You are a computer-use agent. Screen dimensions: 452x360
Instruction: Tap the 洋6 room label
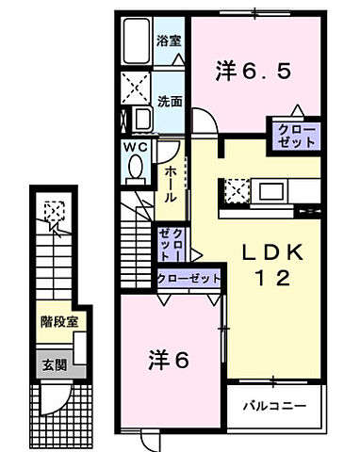170,359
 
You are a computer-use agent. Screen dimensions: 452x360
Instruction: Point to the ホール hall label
171,184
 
